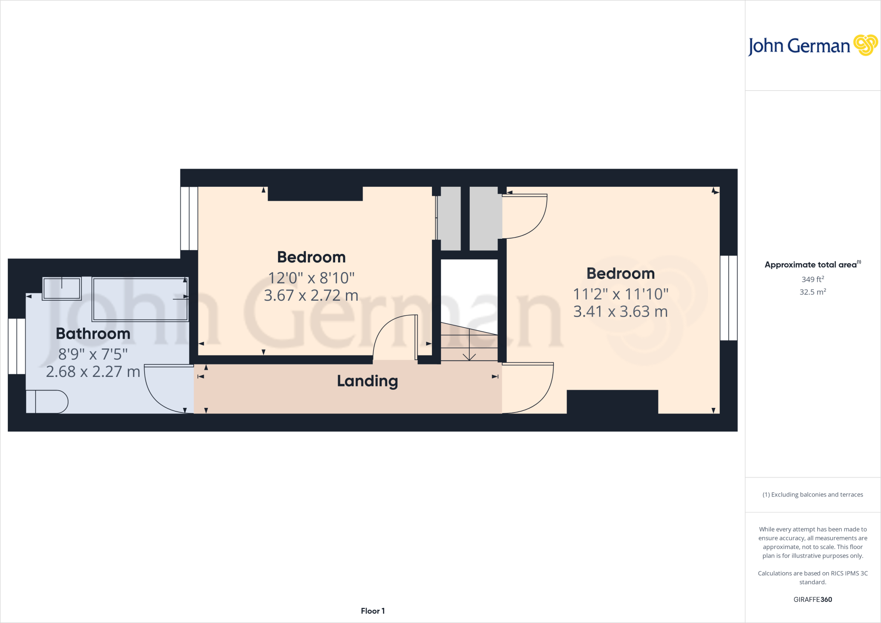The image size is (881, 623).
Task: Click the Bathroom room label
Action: [x=93, y=334]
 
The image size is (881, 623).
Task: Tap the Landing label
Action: [x=367, y=381]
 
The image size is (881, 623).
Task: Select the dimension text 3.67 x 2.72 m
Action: [x=311, y=296]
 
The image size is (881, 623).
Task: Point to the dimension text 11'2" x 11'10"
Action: [x=621, y=294]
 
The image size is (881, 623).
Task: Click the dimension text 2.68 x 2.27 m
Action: [x=93, y=372]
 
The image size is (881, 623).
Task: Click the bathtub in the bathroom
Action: [x=140, y=299]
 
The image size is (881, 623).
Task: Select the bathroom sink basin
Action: [x=62, y=288]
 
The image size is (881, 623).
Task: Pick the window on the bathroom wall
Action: [x=17, y=346]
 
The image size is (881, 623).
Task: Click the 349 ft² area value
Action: [x=813, y=279]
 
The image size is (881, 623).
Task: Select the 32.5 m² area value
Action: [x=813, y=292]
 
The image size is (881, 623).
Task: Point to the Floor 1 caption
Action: [x=373, y=611]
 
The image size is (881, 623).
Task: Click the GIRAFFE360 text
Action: [x=813, y=599]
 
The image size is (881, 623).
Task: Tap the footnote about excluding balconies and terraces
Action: [x=813, y=495]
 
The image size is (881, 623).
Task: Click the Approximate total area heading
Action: [x=811, y=265]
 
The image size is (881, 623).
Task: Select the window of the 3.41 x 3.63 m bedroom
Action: [x=729, y=298]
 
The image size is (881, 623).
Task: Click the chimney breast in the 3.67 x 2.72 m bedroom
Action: [x=315, y=194]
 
